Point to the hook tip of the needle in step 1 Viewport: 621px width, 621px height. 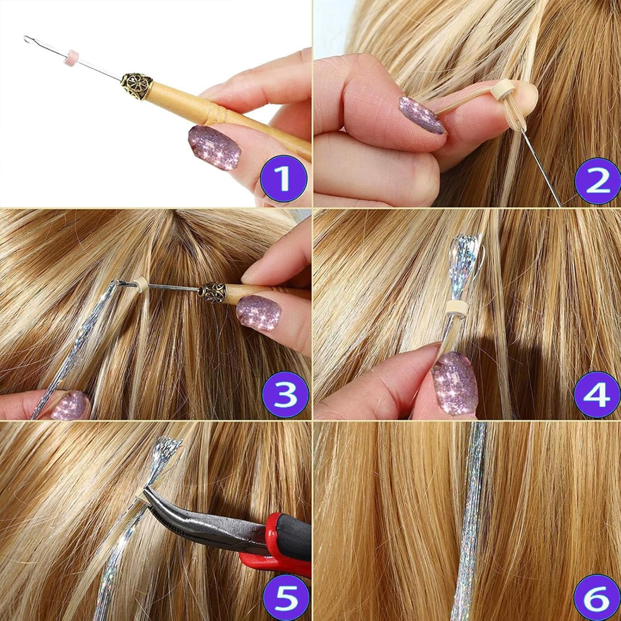click(27, 39)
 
